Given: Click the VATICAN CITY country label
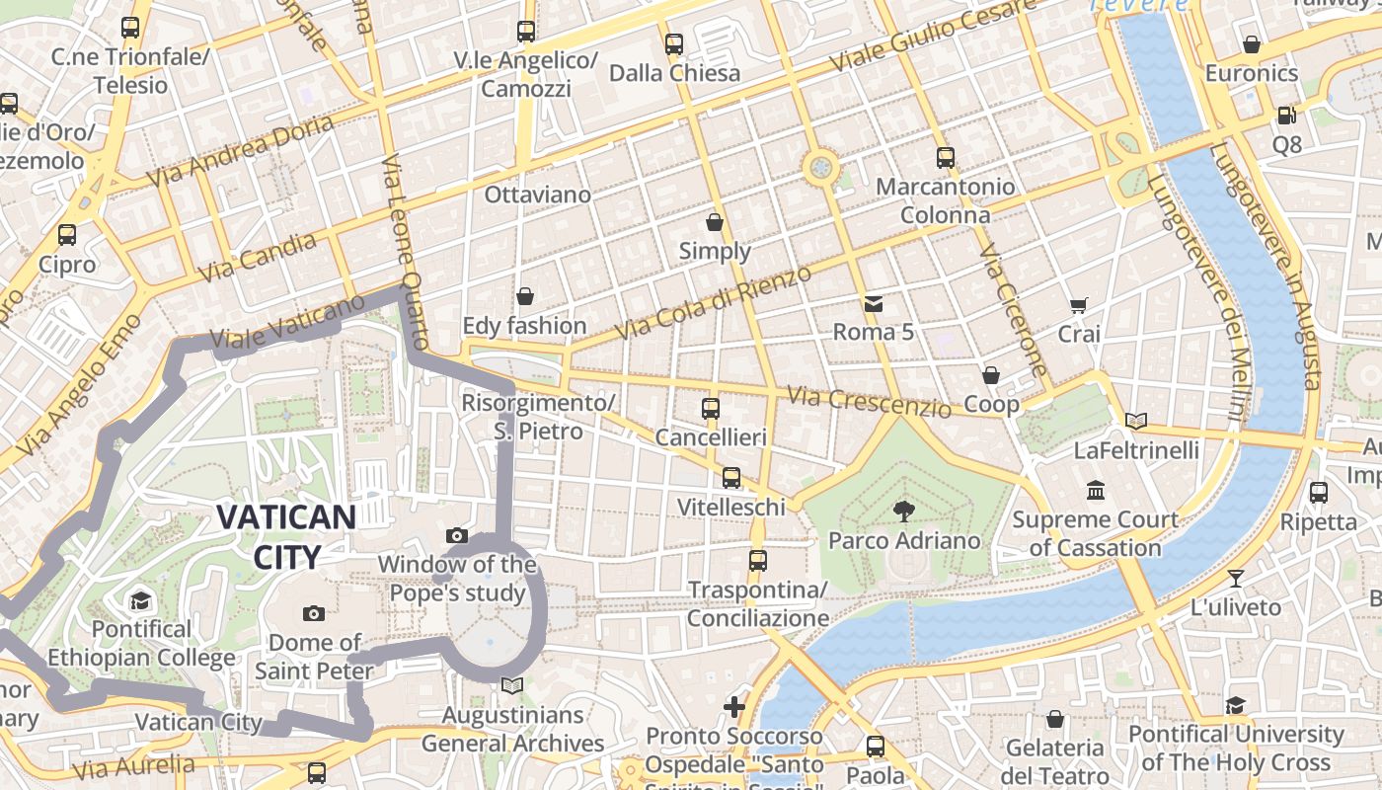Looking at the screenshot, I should click(x=286, y=536).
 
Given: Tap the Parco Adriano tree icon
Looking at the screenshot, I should click(x=903, y=511).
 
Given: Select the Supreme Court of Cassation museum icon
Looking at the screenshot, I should click(x=1095, y=490).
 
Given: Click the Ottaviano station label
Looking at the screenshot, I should click(x=537, y=195).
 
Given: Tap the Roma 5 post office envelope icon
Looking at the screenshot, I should click(x=874, y=303).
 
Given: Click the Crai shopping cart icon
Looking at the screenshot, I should click(x=1078, y=306).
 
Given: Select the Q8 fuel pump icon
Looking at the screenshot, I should click(x=1286, y=116).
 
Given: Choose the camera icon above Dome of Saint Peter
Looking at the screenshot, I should click(x=314, y=613).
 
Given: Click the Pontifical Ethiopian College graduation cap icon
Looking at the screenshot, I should click(x=140, y=600).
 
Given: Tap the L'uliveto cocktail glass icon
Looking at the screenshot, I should click(x=1235, y=578).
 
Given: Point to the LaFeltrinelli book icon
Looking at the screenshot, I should click(x=1136, y=422).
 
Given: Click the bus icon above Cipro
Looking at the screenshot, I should click(x=67, y=235).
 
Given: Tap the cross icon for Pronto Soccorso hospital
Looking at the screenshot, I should click(x=734, y=706).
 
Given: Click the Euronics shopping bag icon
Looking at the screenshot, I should click(x=1252, y=44).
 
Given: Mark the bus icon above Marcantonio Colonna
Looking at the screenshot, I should click(x=945, y=157).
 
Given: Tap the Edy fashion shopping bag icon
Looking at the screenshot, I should click(x=525, y=296).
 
